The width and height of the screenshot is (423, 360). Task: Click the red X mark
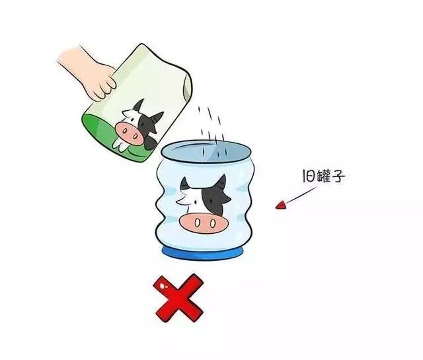[x=178, y=298]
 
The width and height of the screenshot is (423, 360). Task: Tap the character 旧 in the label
[x=308, y=176]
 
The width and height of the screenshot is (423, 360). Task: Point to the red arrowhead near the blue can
[x=281, y=205]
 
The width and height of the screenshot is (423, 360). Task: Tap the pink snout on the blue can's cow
[x=204, y=223]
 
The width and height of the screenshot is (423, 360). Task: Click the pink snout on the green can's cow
[x=130, y=133]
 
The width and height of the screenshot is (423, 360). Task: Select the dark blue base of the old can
[x=203, y=254]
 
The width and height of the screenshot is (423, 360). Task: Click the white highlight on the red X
[x=163, y=285]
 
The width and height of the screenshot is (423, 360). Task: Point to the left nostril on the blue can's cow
[x=198, y=223]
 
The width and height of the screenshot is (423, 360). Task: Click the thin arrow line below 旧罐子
[x=300, y=196]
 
